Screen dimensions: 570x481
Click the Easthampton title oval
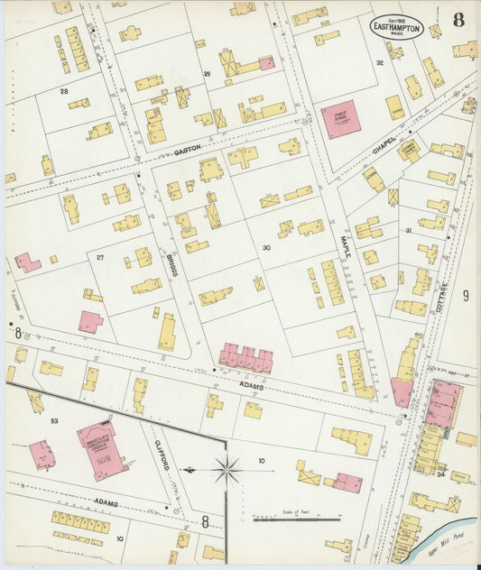(397, 24)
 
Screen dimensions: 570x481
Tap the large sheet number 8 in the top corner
(459, 20)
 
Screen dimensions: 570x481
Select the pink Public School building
(341, 119)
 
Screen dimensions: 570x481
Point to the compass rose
(226, 468)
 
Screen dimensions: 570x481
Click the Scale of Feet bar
(296, 519)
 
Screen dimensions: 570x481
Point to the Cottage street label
(442, 298)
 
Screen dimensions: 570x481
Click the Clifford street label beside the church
(165, 456)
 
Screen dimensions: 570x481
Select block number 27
(100, 258)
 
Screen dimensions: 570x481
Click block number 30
(265, 247)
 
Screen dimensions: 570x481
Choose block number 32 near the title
(380, 62)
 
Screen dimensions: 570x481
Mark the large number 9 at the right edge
(466, 295)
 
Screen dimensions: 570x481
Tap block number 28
(64, 91)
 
